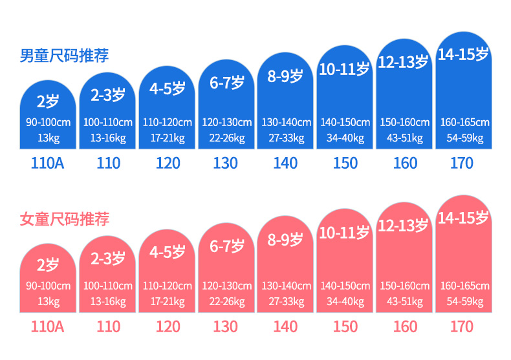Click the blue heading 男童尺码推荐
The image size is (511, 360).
63,56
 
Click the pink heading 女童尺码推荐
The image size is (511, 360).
63,219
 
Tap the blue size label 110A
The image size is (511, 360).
48,163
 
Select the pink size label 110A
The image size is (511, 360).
48,326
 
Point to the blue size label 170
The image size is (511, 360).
462,163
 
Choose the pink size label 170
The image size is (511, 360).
462,326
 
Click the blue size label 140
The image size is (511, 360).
285,163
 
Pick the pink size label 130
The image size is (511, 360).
225,326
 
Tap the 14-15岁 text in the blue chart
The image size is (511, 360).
463,54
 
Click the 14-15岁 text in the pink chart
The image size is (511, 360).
463,218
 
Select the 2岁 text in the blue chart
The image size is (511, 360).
48,101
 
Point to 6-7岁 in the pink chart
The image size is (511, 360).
226,246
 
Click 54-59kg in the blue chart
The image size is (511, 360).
464,138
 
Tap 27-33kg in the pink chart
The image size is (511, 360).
286,301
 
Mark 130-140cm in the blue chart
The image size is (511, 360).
286,122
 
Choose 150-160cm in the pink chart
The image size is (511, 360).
405,286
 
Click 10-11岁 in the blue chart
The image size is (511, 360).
344,69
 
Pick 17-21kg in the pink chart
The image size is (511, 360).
168,301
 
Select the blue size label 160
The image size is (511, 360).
405,163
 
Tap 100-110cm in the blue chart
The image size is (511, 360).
108,122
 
